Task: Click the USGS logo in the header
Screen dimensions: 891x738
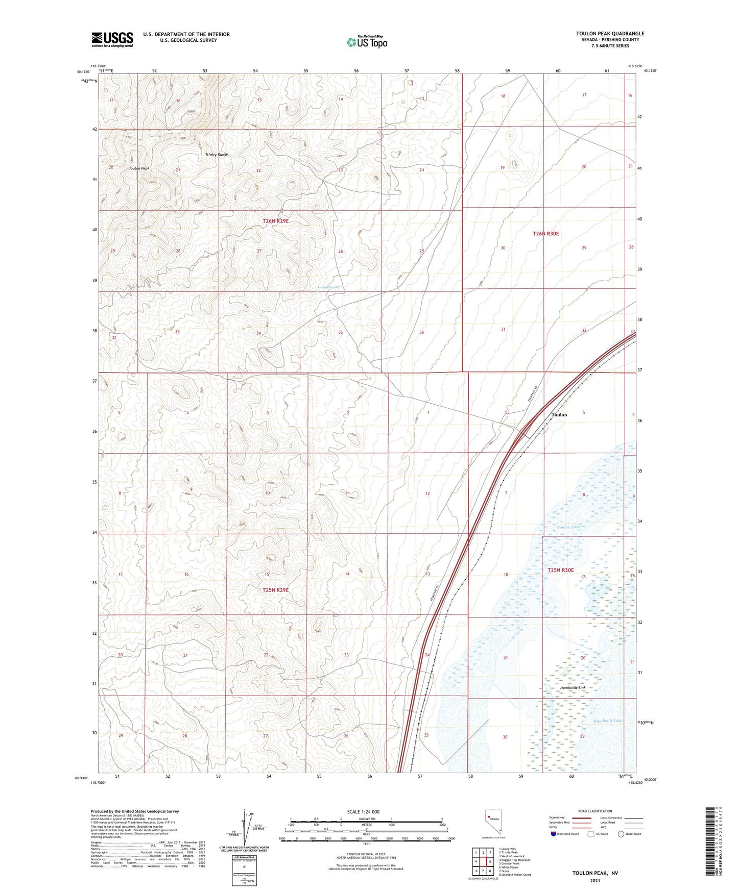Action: tap(112, 39)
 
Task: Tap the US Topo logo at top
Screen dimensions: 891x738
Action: tap(367, 42)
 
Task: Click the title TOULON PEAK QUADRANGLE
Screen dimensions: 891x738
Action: tap(610, 34)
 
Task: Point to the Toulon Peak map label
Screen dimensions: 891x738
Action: tap(139, 168)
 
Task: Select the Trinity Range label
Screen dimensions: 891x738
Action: tap(217, 155)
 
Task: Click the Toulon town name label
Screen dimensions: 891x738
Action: tap(559, 415)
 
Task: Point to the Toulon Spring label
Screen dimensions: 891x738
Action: tap(328, 287)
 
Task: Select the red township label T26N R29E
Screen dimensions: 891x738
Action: tap(276, 221)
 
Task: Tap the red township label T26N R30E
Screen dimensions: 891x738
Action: tap(545, 234)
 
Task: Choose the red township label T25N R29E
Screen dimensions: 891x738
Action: tap(276, 590)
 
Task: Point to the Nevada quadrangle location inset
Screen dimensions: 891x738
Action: tap(492, 822)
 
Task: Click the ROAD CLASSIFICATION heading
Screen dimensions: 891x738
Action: tap(595, 811)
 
